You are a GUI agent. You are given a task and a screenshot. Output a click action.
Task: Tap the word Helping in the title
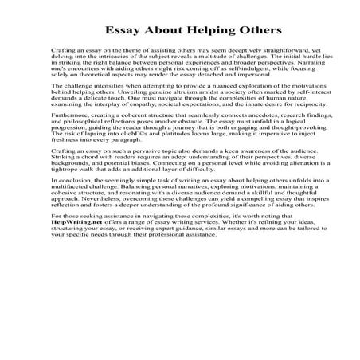[201, 31]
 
